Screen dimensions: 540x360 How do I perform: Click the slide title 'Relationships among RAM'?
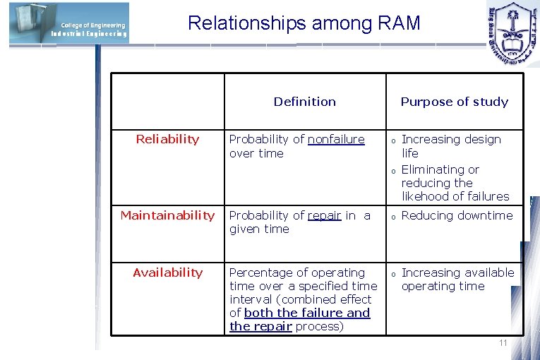pos(304,23)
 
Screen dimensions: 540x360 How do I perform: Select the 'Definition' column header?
pos(304,102)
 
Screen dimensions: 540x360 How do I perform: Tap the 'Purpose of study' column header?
pos(454,102)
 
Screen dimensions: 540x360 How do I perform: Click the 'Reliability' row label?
pos(167,140)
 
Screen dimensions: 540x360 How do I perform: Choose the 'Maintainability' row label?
pos(167,215)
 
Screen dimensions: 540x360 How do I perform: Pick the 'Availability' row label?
pos(167,272)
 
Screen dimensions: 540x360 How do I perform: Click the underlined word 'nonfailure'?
pos(336,140)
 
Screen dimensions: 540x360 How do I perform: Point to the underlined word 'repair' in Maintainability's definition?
pos(325,215)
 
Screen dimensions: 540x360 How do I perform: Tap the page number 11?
pos(503,343)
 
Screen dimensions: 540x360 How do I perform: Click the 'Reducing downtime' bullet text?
pos(457,215)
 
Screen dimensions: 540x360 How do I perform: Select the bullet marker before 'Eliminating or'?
pos(392,171)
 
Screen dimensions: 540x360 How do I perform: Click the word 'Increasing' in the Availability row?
pos(429,272)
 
